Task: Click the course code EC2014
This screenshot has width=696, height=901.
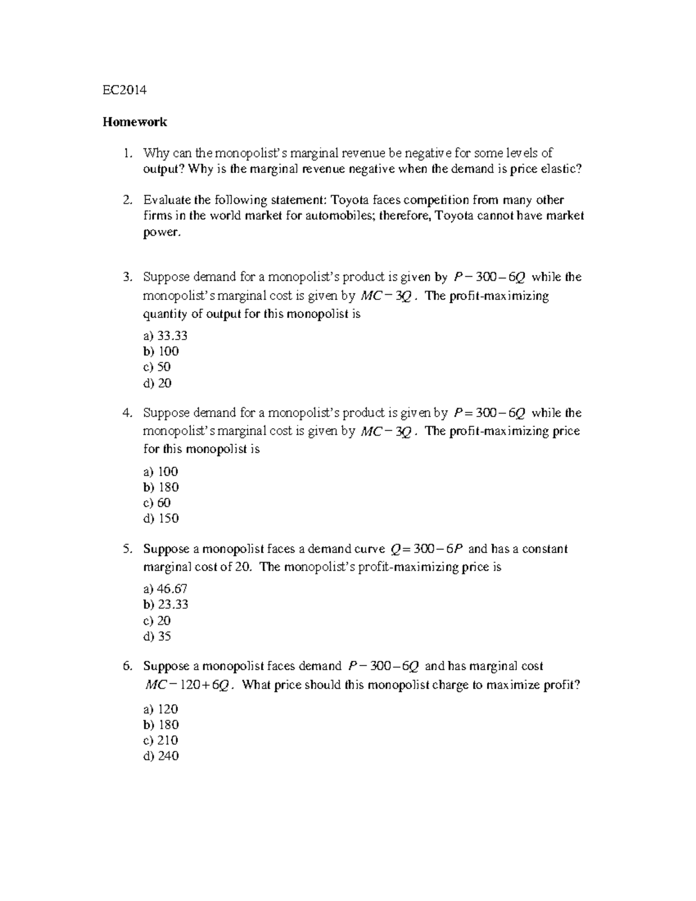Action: pos(124,90)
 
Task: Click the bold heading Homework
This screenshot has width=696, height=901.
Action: pos(135,122)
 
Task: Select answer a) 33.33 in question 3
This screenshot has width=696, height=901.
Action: pos(165,336)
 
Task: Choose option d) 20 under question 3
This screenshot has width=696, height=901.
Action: pos(157,383)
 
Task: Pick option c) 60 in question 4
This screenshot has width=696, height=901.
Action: pos(157,503)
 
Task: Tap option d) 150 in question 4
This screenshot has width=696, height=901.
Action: pos(161,519)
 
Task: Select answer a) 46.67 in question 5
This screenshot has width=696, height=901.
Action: pos(165,589)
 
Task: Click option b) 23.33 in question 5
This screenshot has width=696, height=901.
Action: pos(165,605)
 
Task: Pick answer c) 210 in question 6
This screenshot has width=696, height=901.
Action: pos(161,740)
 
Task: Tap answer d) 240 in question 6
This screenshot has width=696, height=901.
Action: pos(161,756)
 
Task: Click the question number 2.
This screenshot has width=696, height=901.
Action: pos(127,200)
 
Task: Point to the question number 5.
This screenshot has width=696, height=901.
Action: pos(127,549)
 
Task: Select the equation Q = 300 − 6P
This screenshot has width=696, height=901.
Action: pos(426,549)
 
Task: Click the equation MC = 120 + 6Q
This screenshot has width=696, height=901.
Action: pos(189,685)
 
